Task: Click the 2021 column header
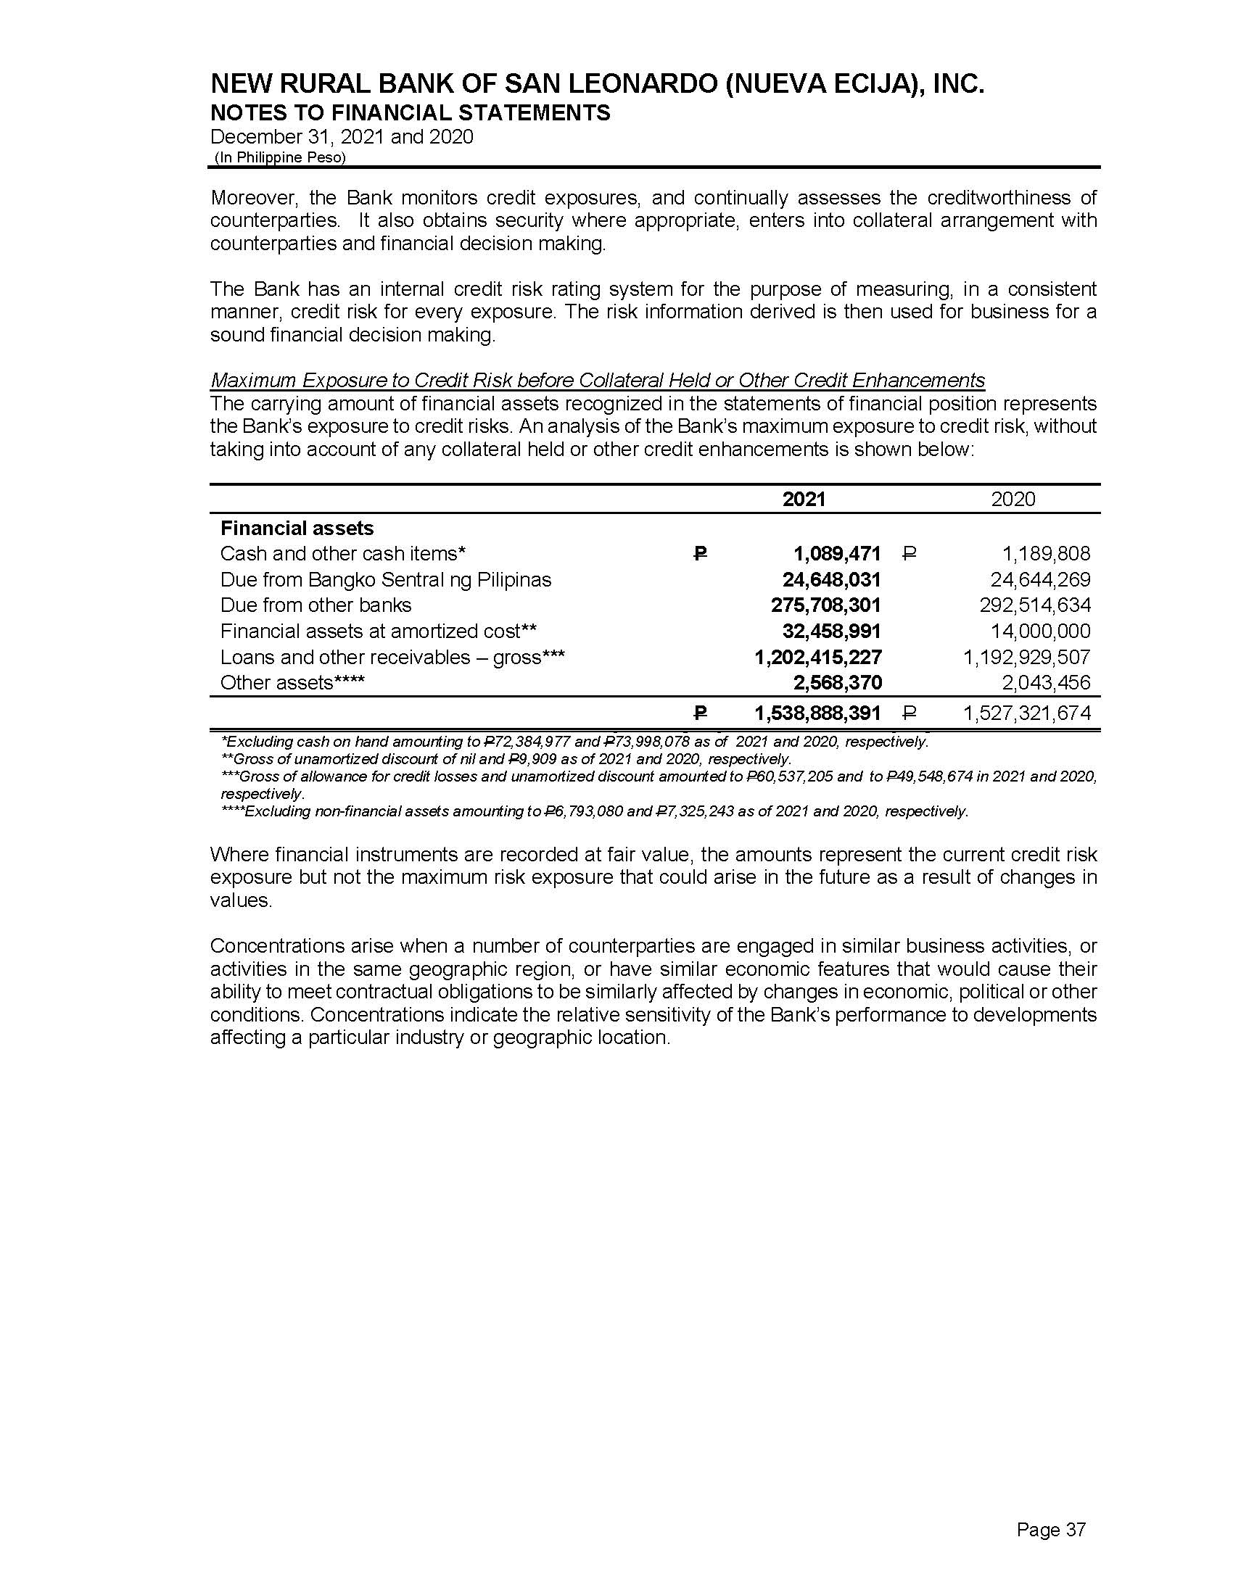804,499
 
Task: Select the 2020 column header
1013,499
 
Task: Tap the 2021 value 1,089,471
837,554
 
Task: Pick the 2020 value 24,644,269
1040,580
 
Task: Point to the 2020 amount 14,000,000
1040,631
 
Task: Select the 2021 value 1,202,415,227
818,658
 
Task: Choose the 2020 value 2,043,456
1046,683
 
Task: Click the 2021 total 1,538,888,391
818,713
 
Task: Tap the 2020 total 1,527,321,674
1027,713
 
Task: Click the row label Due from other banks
316,605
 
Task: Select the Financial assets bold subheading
297,528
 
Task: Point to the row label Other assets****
292,683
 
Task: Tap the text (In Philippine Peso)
280,158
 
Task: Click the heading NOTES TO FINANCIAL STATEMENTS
410,112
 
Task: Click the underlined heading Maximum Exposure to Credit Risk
597,381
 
